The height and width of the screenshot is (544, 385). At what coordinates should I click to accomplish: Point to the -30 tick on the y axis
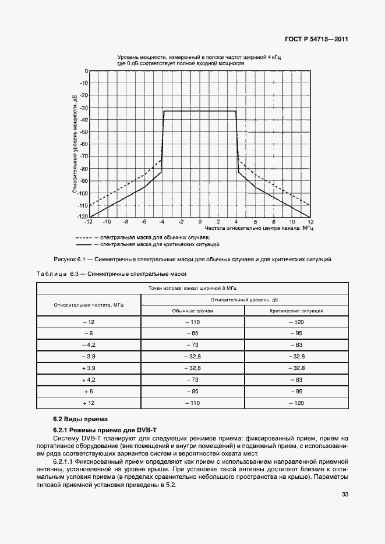(83, 108)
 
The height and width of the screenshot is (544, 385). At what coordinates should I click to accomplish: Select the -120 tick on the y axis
(82, 217)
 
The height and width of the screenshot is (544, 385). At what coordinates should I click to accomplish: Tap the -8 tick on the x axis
(125, 222)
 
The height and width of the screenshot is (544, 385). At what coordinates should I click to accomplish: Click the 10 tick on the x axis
(292, 222)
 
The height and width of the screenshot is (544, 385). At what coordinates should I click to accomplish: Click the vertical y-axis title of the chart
(75, 143)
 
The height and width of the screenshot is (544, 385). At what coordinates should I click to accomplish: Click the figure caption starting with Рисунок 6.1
(192, 259)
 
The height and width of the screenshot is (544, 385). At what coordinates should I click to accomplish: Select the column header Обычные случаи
(192, 311)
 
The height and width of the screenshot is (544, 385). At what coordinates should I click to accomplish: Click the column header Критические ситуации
(296, 311)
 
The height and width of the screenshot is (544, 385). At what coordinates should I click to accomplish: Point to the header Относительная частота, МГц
(89, 304)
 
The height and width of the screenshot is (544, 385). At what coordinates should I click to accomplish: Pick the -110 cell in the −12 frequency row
(192, 322)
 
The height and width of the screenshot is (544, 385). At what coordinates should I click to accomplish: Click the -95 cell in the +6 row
(296, 391)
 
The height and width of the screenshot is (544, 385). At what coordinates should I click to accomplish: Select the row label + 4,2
(89, 379)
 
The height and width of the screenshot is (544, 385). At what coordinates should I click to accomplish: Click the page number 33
(345, 495)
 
